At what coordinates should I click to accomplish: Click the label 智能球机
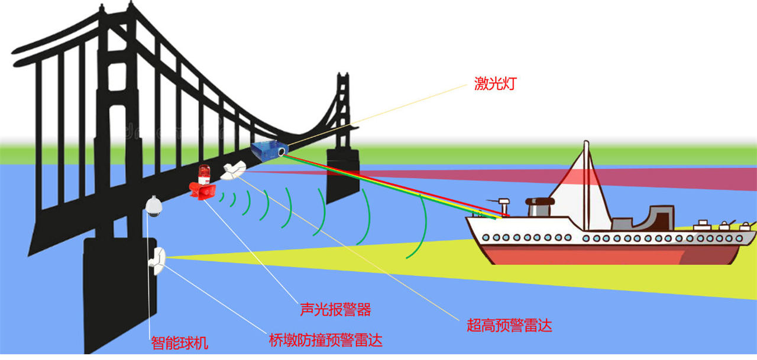click(x=180, y=342)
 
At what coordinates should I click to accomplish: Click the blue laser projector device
click(x=269, y=151)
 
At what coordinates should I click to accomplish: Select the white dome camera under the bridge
click(x=153, y=206)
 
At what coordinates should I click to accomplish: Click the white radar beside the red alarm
click(x=234, y=170)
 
